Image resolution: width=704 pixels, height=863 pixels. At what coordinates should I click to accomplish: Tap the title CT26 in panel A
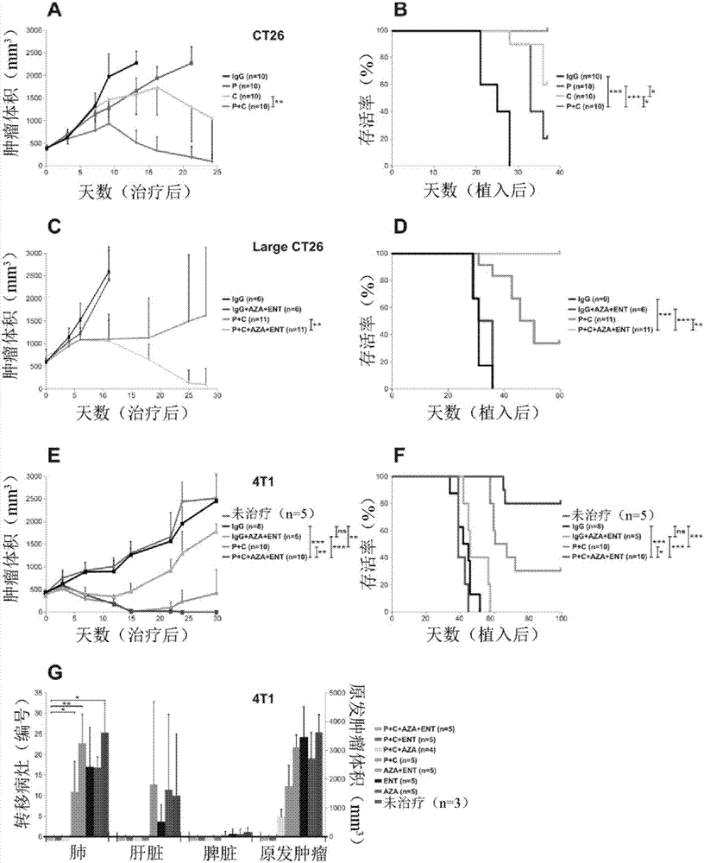[x=256, y=37]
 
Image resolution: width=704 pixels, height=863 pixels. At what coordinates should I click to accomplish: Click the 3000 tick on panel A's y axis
[x=32, y=31]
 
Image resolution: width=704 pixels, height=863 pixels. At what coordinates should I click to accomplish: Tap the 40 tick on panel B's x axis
[x=559, y=173]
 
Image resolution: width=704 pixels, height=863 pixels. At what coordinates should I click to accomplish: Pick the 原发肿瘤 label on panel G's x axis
[x=292, y=850]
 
